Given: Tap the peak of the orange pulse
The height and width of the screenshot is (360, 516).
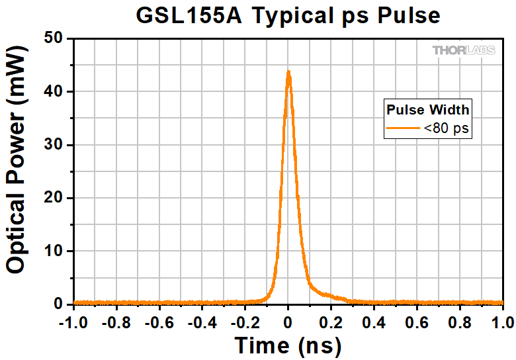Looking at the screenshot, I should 288,72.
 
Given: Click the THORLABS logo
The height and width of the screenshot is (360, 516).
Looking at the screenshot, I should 466,50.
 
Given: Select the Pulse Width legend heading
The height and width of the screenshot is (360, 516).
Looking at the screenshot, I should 428,109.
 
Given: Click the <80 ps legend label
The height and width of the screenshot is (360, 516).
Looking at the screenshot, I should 447,128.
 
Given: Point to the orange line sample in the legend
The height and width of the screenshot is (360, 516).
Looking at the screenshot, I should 403,128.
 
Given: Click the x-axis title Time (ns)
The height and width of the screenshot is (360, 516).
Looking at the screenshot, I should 288,345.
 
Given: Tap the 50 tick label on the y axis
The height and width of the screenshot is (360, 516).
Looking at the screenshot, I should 54,39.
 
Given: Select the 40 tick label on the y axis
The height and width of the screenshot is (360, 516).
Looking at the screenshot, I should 54,92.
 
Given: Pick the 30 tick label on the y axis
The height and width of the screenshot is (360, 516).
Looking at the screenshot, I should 54,145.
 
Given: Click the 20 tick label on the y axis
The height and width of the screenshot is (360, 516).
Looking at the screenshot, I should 54,198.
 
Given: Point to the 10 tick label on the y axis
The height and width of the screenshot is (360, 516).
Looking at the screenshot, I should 54,251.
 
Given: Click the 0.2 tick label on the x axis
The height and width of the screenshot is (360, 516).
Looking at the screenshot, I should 331,322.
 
